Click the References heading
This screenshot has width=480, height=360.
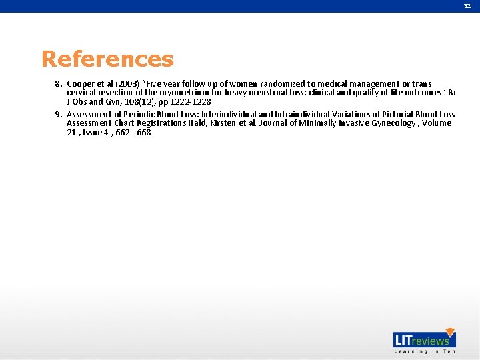click(107, 59)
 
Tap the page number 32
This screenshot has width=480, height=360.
click(467, 5)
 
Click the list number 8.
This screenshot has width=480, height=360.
click(59, 84)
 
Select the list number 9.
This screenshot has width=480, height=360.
click(59, 115)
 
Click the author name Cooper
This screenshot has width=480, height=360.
click(81, 84)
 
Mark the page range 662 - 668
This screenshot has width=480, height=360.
click(133, 133)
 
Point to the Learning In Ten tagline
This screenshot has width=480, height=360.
click(424, 351)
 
